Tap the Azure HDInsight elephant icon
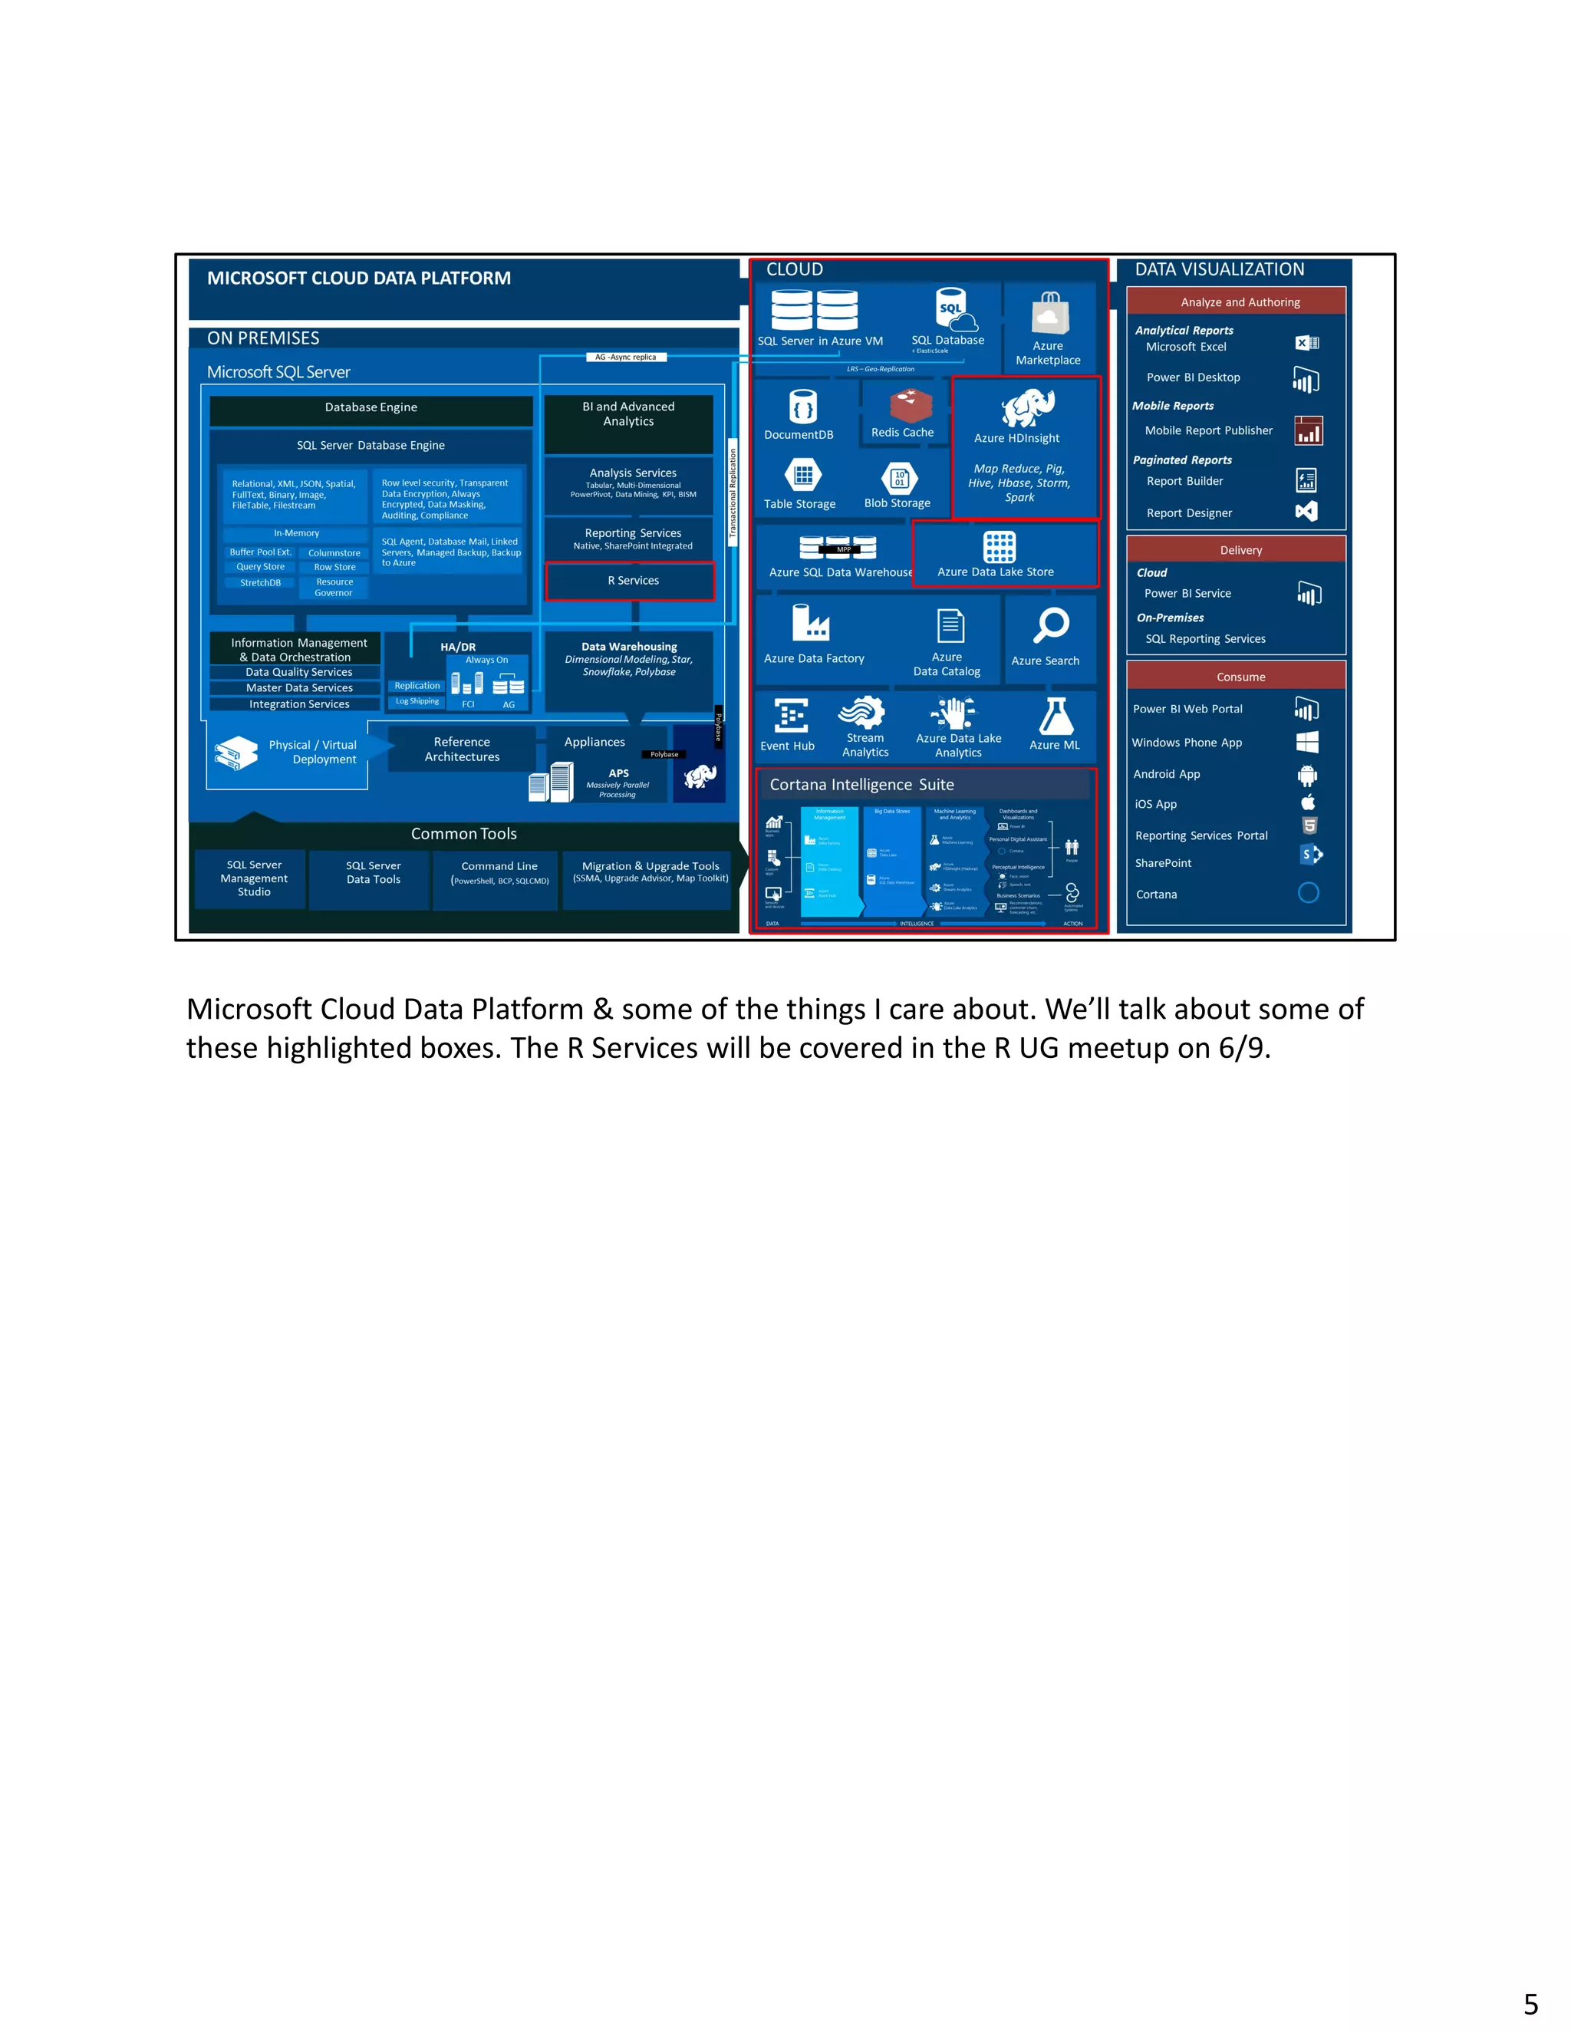pyautogui.click(x=1027, y=407)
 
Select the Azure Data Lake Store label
pyautogui.click(x=995, y=572)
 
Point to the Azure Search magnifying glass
pyautogui.click(x=1051, y=625)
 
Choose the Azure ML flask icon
pyautogui.click(x=1056, y=716)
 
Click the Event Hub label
pyautogui.click(x=787, y=746)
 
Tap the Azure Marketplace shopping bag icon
pyautogui.click(x=1049, y=313)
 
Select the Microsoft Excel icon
pyautogui.click(x=1306, y=344)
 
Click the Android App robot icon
pyautogui.click(x=1308, y=775)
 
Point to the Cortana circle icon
pyautogui.click(x=1308, y=893)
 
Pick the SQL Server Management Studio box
pyautogui.click(x=253, y=878)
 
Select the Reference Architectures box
pyautogui.click(x=462, y=750)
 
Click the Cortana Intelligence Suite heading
pyautogui.click(x=861, y=785)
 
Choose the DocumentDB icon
pyautogui.click(x=802, y=407)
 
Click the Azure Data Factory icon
pyautogui.click(x=810, y=623)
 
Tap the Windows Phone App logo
pyautogui.click(x=1308, y=742)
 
